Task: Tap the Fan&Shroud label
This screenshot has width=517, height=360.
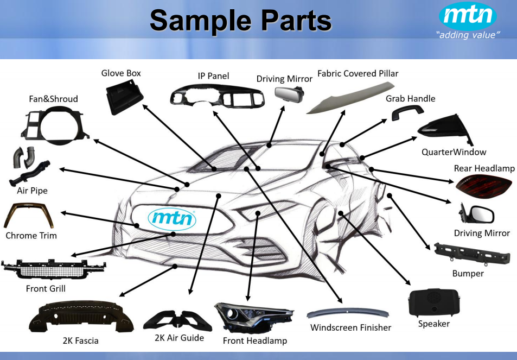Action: coord(53,99)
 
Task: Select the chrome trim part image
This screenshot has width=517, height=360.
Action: coord(28,215)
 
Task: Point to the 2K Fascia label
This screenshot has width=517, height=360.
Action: coord(80,341)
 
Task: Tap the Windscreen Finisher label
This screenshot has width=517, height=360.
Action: coord(350,327)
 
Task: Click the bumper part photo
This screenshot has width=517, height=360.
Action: coord(471,254)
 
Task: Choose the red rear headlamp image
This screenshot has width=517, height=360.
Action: coord(484,186)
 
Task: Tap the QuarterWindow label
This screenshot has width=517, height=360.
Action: coord(454,152)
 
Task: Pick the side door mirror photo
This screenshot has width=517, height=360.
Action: coord(477,213)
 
